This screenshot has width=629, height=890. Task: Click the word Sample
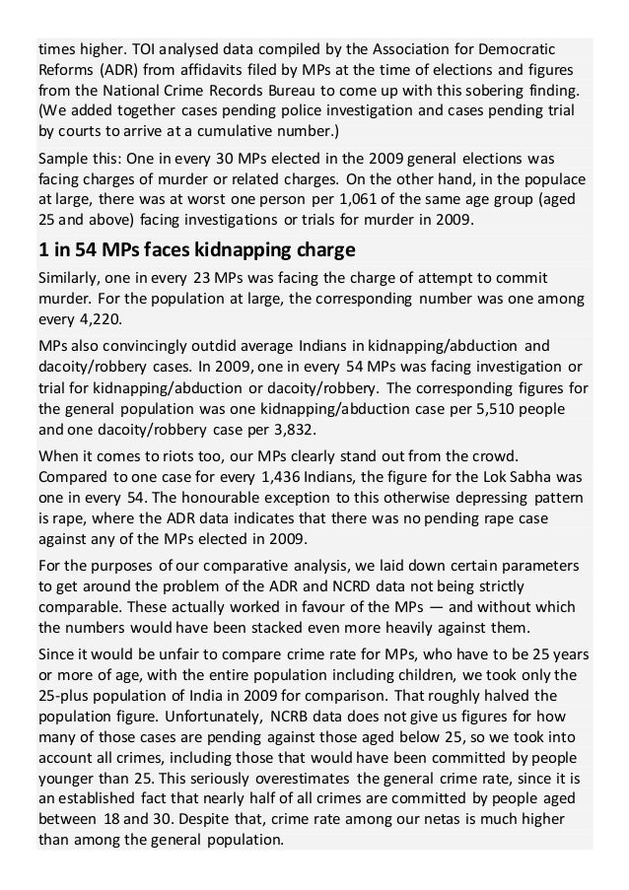pos(64,158)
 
